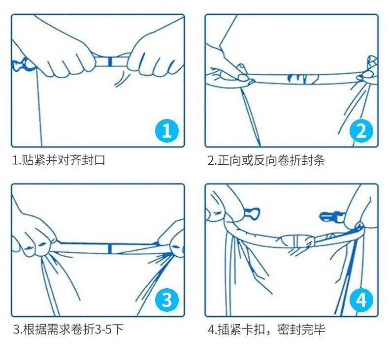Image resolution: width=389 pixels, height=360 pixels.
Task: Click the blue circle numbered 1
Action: point(167,130)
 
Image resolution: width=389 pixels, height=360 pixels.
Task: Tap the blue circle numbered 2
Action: point(361,130)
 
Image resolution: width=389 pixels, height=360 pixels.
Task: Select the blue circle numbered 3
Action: point(167,300)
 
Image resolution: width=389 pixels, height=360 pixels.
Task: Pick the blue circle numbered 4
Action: point(361,300)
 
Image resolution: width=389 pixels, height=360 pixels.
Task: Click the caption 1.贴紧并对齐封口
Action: point(59,160)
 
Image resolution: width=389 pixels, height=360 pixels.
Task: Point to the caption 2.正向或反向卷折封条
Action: point(266,160)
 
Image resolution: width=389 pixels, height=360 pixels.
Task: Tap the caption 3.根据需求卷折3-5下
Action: point(68,330)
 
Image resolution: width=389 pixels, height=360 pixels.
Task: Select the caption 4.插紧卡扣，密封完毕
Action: point(266,330)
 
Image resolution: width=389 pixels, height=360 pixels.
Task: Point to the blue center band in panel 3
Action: point(110,249)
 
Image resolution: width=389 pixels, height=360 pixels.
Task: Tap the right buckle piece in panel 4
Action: point(331,216)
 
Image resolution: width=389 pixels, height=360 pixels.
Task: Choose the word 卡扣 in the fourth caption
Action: point(253,330)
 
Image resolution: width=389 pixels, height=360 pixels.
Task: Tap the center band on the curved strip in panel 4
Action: point(295,240)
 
